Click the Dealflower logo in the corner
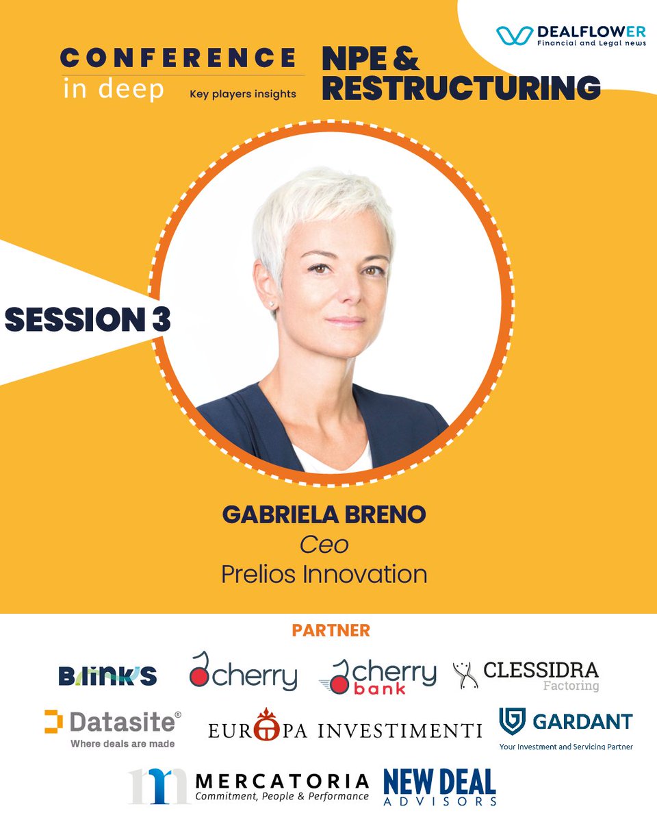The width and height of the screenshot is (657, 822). [571, 36]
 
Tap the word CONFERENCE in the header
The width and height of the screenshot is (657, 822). [179, 57]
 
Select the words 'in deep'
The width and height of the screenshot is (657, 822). [114, 90]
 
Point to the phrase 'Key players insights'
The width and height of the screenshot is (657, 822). [243, 94]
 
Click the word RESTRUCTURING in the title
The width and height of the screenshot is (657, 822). [461, 88]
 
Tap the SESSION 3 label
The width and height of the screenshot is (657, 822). [88, 319]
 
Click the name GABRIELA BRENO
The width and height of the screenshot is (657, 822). [324, 516]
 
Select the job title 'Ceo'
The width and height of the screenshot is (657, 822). [324, 545]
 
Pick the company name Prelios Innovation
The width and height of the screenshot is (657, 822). [324, 574]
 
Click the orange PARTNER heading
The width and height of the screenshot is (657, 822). [331, 630]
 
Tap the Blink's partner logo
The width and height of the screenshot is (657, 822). [107, 676]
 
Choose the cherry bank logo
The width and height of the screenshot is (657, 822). [377, 676]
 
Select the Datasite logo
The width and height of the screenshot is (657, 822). [113, 727]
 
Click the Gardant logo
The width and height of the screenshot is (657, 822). [565, 722]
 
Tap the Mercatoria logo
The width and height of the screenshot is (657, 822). [248, 786]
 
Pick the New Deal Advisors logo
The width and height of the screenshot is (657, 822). [439, 786]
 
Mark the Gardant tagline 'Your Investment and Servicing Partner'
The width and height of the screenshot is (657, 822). [565, 747]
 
